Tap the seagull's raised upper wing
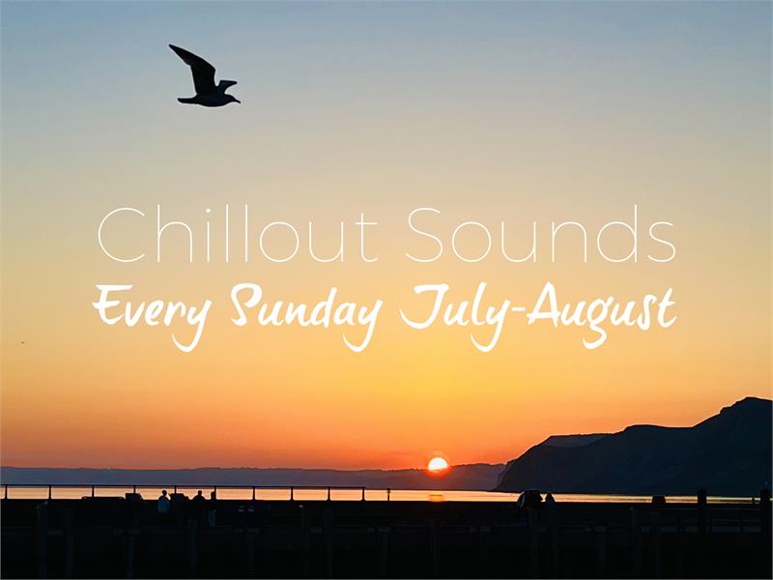196,67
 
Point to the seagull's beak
237,101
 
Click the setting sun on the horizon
438,465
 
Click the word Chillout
238,234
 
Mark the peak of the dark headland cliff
750,398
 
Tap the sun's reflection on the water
437,496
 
